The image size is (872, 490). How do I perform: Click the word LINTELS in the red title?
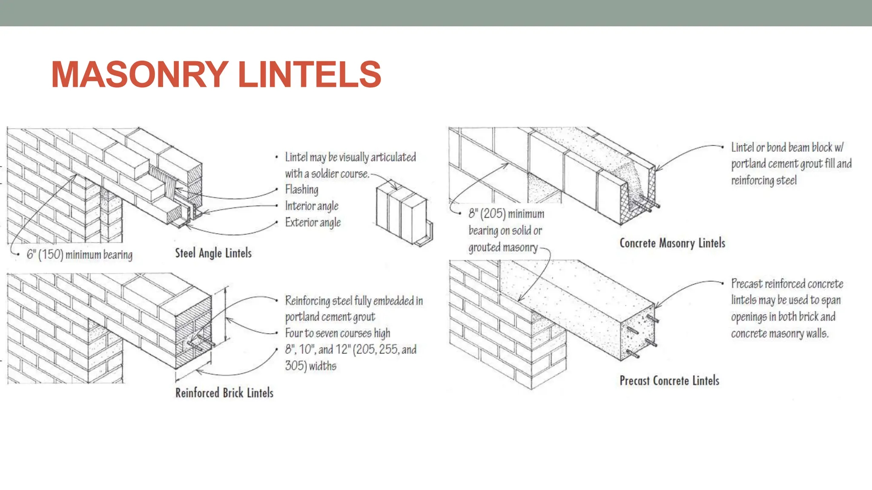pyautogui.click(x=310, y=74)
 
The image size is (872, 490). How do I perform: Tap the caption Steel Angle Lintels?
pyautogui.click(x=213, y=253)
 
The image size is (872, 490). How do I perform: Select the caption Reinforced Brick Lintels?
pyautogui.click(x=224, y=393)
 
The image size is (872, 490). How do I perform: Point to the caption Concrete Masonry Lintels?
pyautogui.click(x=672, y=243)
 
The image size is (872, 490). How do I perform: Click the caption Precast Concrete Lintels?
pyautogui.click(x=669, y=380)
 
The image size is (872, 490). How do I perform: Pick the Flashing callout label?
pyautogui.click(x=301, y=189)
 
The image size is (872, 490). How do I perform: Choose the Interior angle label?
pyautogui.click(x=312, y=206)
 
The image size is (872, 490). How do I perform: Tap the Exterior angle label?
pyautogui.click(x=313, y=222)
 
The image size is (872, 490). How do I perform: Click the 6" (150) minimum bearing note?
pyautogui.click(x=80, y=255)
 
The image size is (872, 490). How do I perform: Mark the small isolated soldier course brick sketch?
pyautogui.click(x=404, y=215)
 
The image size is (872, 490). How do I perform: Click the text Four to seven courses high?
pyautogui.click(x=338, y=333)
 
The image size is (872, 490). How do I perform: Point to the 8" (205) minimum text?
pyautogui.click(x=506, y=214)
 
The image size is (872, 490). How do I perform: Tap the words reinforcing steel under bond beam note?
pyautogui.click(x=764, y=180)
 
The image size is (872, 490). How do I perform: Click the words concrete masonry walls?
pyautogui.click(x=780, y=333)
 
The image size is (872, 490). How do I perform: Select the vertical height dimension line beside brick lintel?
pyautogui.click(x=226, y=314)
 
